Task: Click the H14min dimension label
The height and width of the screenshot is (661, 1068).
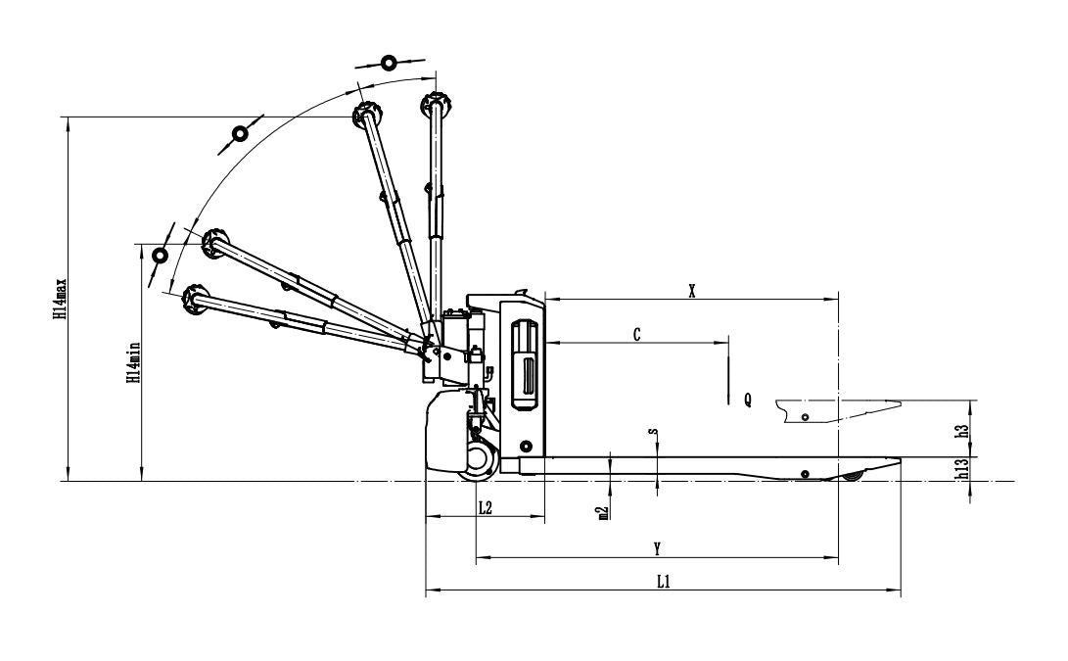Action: point(134,362)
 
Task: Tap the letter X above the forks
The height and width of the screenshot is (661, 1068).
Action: point(692,292)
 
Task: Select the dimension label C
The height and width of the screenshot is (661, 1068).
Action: point(637,335)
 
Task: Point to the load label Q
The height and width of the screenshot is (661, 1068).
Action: point(748,400)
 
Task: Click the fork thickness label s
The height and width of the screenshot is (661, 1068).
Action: point(653,431)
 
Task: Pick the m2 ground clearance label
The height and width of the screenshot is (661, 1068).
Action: point(603,513)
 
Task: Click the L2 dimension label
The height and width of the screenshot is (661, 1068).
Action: point(485,507)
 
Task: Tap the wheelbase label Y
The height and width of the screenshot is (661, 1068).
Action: point(657,548)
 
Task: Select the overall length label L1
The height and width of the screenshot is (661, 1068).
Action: point(664,582)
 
